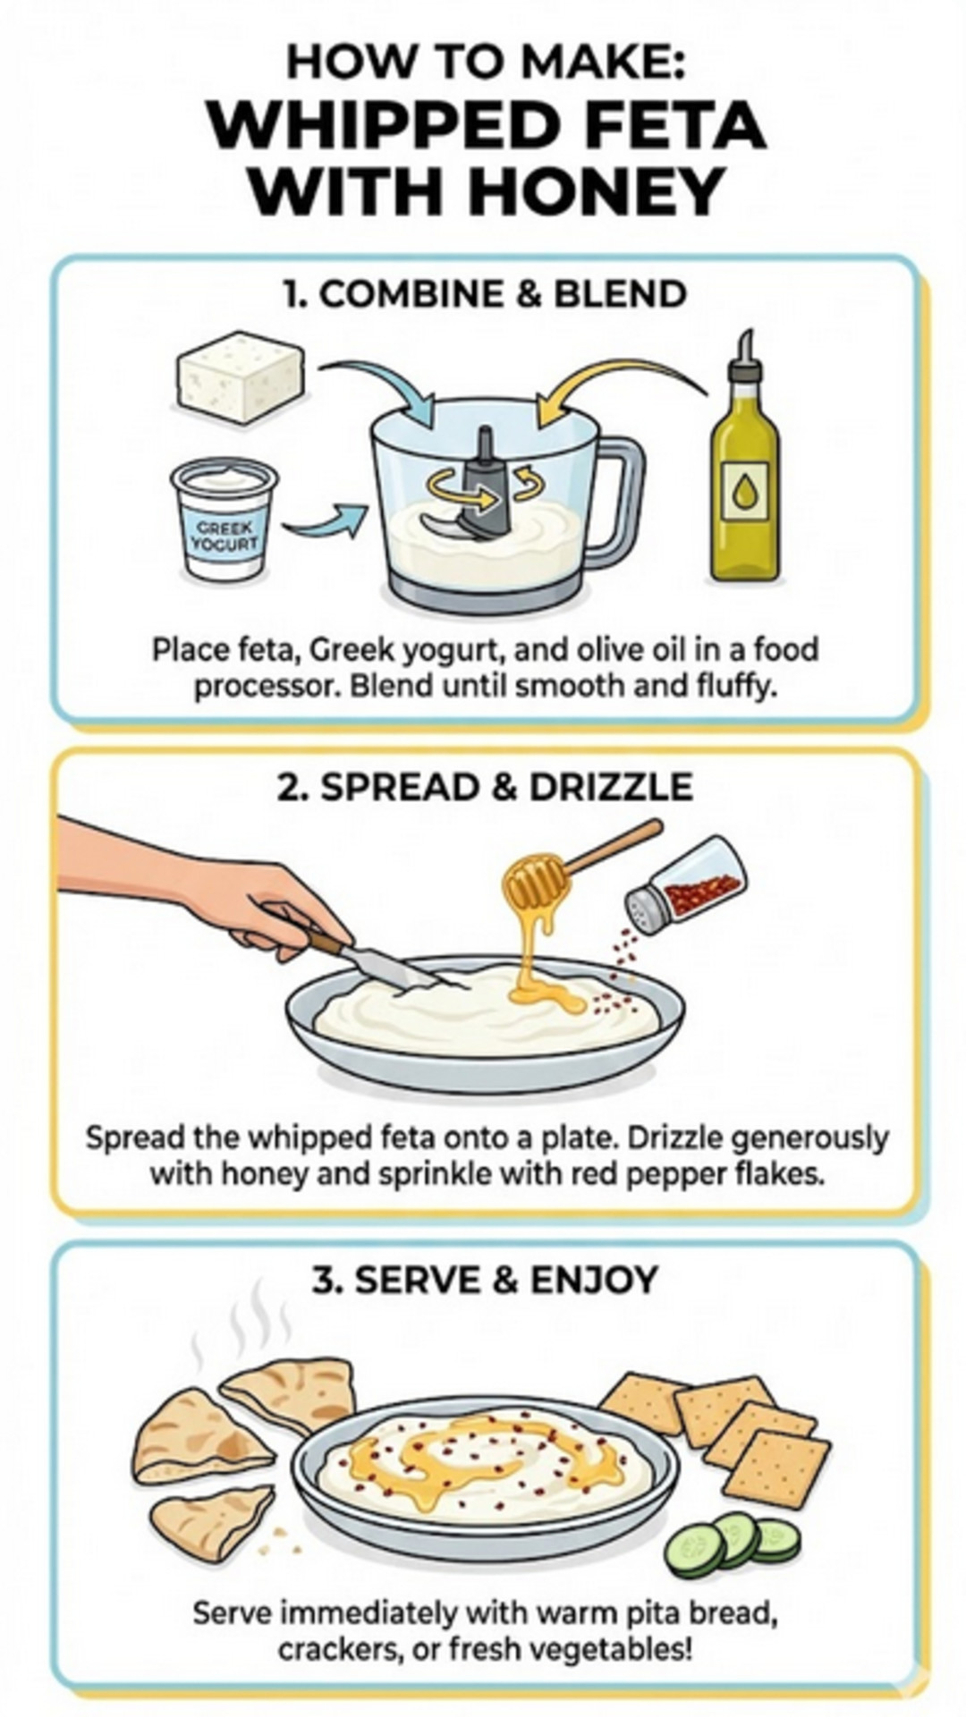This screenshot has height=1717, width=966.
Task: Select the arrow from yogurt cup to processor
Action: (326, 522)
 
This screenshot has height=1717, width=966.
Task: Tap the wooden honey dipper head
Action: (535, 880)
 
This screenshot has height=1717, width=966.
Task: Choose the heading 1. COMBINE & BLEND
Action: (484, 293)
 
